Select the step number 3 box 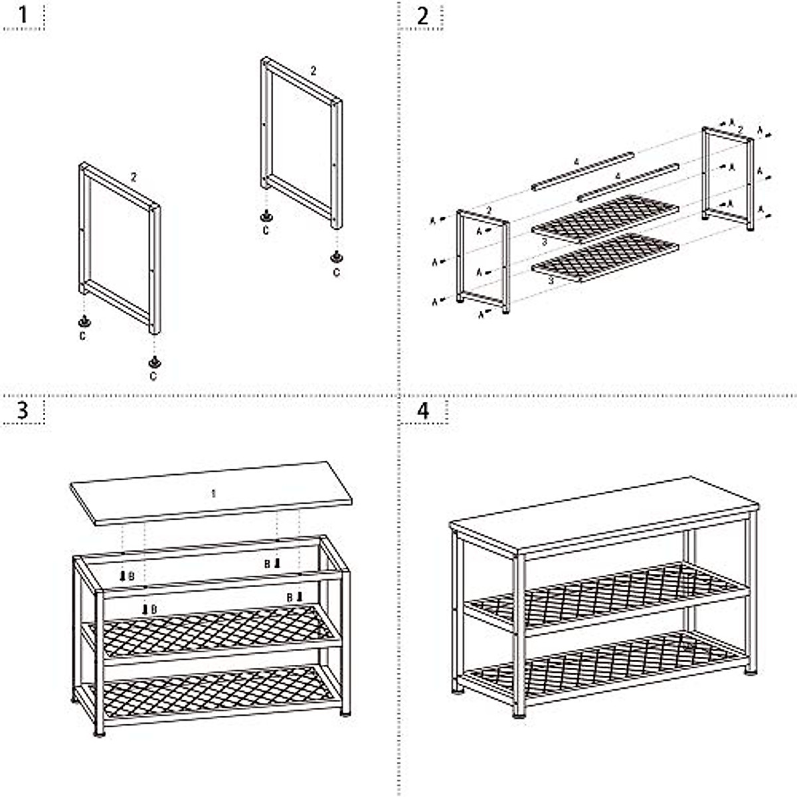tap(23, 410)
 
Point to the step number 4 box tap(423, 410)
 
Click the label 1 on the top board tap(213, 493)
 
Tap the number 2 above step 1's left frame tap(133, 177)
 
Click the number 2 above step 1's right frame tap(313, 70)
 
